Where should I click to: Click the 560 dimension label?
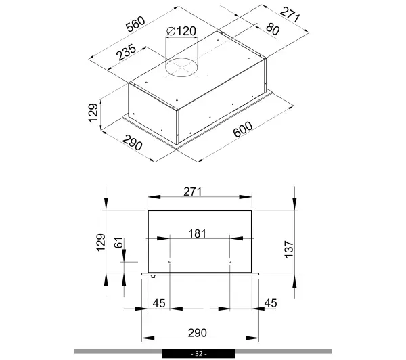[x=135, y=24]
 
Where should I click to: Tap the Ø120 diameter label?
[x=181, y=31]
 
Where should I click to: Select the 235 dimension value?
[x=126, y=52]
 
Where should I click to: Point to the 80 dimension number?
[x=273, y=29]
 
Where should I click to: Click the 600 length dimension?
[x=243, y=129]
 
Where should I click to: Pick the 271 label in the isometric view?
[x=290, y=15]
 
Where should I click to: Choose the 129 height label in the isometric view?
[x=93, y=113]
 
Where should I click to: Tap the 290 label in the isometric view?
[x=133, y=143]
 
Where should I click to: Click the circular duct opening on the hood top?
[x=181, y=68]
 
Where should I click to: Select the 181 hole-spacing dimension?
[x=198, y=233]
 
